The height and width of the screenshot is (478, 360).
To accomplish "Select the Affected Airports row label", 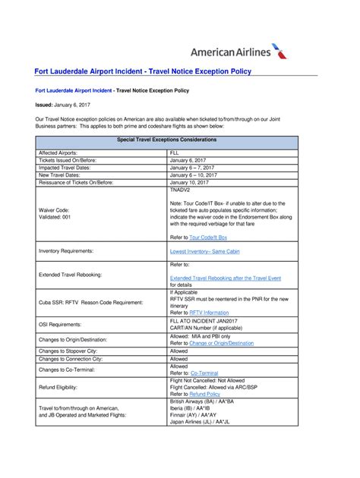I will [58, 153].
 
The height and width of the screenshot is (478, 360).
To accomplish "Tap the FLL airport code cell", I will [175, 153].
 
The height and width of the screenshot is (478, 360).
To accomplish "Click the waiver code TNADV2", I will [182, 190].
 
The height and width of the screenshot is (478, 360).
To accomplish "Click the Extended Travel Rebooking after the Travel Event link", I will [225, 278].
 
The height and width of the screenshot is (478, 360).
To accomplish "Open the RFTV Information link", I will [209, 312].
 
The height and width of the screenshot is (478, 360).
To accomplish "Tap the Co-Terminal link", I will [204, 373].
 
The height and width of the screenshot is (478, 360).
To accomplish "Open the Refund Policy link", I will [205, 395].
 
